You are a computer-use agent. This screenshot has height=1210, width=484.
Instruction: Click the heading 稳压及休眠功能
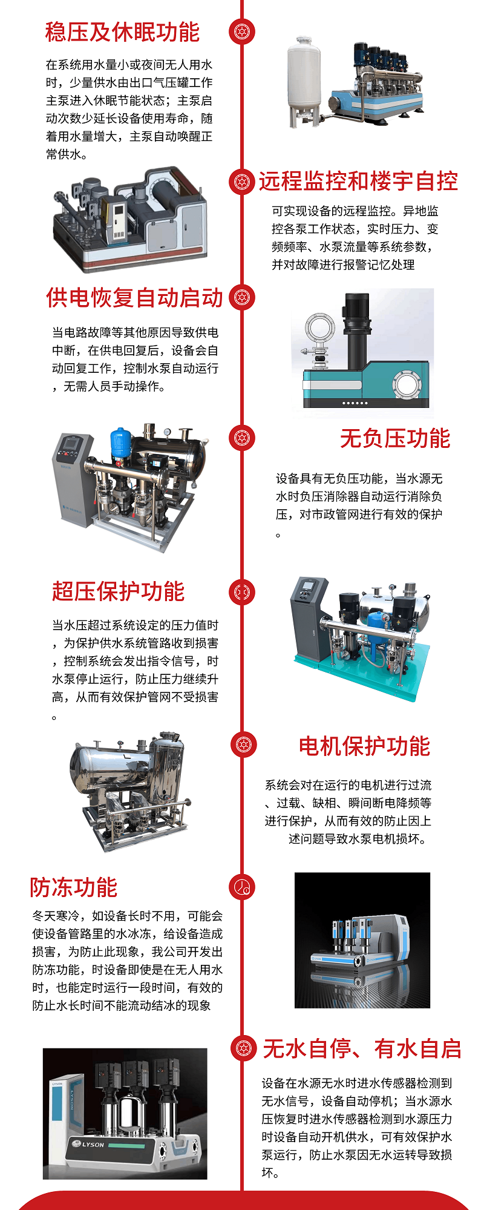tap(122, 32)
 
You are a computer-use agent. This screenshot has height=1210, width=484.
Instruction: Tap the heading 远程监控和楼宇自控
tap(358, 181)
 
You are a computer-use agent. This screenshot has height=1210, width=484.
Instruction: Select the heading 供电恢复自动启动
tap(134, 298)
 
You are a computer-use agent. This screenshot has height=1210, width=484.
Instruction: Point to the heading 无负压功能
tap(395, 438)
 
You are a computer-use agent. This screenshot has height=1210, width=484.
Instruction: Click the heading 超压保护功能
tap(118, 591)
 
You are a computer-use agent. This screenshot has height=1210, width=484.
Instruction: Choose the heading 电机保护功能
tap(364, 746)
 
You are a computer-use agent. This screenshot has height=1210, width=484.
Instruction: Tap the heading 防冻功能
tap(74, 887)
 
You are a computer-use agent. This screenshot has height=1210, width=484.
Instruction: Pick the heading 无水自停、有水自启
tap(362, 1049)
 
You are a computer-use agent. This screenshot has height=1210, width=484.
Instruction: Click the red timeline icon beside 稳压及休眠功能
tap(242, 31)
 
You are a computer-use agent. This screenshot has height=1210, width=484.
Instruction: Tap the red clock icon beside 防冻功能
tap(242, 887)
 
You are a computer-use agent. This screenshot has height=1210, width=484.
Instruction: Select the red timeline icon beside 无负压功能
tap(242, 438)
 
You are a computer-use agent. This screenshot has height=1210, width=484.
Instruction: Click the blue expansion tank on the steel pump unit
tap(120, 443)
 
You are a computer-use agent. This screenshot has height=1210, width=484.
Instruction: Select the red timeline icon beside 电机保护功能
tap(242, 746)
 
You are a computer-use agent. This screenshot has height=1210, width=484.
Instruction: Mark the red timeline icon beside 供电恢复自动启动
tap(242, 297)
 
